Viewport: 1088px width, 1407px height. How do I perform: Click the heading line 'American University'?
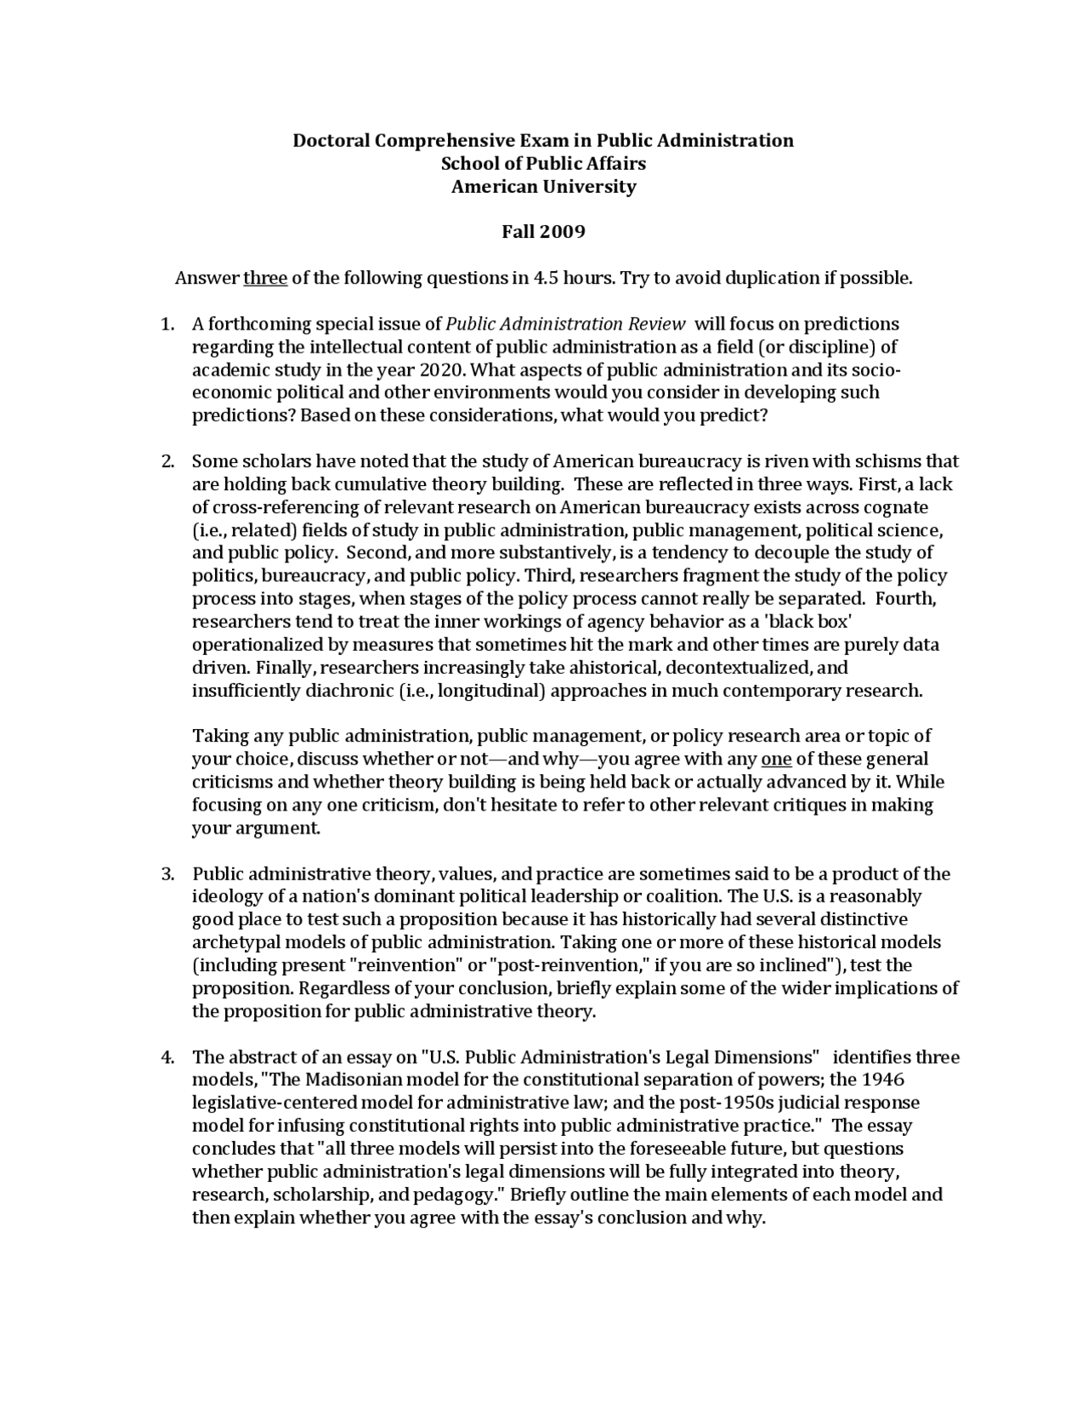[543, 187]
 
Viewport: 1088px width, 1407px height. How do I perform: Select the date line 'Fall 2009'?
[543, 232]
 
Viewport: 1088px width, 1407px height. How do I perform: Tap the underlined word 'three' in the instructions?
[265, 279]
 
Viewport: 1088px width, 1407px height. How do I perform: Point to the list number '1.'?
[168, 325]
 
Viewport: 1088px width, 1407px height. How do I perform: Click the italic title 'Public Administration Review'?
[565, 325]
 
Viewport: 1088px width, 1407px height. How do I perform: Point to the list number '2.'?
[168, 462]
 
